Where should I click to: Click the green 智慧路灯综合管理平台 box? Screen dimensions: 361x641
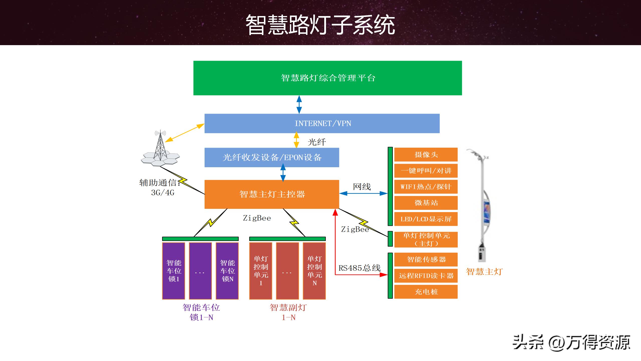(x=328, y=78)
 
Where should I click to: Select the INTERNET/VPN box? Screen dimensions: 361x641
(x=322, y=123)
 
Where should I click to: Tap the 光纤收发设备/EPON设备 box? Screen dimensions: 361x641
(x=272, y=157)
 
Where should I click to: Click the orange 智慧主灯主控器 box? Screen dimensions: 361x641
(x=272, y=194)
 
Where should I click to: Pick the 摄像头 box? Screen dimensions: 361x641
(x=426, y=155)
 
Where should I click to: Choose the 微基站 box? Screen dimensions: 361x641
(x=426, y=203)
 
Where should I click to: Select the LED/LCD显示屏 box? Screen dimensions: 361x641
(x=426, y=219)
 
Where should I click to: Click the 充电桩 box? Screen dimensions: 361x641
(x=426, y=292)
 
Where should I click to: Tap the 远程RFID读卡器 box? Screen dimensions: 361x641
(x=426, y=276)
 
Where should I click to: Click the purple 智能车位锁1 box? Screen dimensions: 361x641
(x=174, y=271)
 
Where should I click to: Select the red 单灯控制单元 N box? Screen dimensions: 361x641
(x=314, y=271)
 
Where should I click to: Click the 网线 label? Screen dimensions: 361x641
(x=362, y=187)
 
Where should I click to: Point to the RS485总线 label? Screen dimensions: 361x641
(x=359, y=268)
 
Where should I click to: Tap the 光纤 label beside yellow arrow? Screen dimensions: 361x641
(x=317, y=142)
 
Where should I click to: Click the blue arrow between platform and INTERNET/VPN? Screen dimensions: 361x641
(x=299, y=105)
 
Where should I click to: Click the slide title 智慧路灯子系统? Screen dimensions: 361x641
(x=320, y=25)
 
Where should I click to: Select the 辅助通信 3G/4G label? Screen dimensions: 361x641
(x=160, y=187)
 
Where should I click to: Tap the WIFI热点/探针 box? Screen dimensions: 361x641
(x=426, y=187)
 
